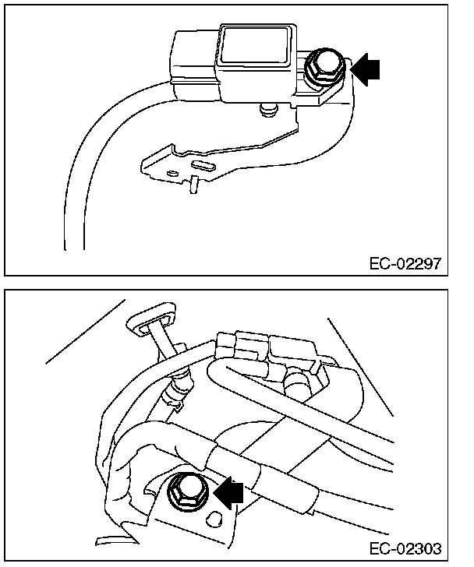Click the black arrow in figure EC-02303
point(230,491)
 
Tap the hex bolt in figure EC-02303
point(187,489)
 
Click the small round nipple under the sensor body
point(267,111)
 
